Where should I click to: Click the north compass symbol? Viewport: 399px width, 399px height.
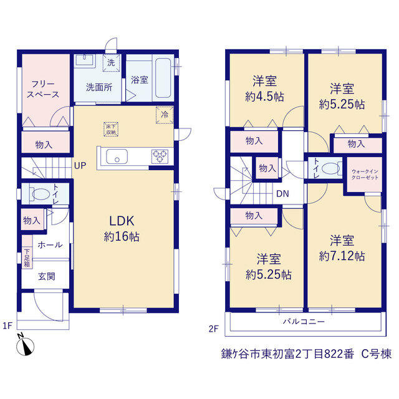tap(25, 345)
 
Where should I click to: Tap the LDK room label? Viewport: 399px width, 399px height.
tap(122, 221)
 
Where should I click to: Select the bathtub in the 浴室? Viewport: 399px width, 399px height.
tap(163, 78)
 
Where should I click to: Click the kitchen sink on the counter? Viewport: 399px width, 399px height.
tap(117, 156)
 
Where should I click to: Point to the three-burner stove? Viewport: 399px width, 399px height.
tap(160, 156)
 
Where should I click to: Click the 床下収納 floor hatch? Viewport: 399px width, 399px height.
tap(111, 129)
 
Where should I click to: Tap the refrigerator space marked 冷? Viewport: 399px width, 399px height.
tap(165, 115)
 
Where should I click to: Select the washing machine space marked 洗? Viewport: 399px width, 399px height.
tap(111, 62)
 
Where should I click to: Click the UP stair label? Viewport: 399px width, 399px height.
tap(80, 166)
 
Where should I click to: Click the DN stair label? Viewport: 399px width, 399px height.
tap(282, 194)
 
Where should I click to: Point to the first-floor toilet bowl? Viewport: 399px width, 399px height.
tap(41, 194)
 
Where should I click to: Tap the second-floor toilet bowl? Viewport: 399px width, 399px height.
tap(331, 168)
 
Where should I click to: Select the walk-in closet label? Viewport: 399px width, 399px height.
tap(365, 175)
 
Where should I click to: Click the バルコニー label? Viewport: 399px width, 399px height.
tap(304, 322)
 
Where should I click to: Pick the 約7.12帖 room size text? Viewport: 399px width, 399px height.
tap(342, 256)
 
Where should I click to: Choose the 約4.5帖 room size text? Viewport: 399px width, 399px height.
tap(264, 97)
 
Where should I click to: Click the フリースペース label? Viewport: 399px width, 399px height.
tap(43, 89)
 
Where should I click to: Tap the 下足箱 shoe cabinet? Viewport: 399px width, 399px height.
tap(27, 257)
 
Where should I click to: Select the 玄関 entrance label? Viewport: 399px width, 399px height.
tap(47, 276)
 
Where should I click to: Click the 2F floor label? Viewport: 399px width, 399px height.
tap(213, 329)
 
